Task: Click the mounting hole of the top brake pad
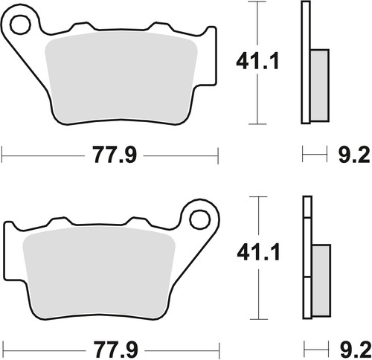[x=20, y=24]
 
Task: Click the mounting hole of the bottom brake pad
[x=199, y=219]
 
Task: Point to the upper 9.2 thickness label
[x=350, y=156]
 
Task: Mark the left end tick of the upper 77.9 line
[x=3, y=155]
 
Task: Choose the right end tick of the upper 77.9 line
[x=219, y=155]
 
